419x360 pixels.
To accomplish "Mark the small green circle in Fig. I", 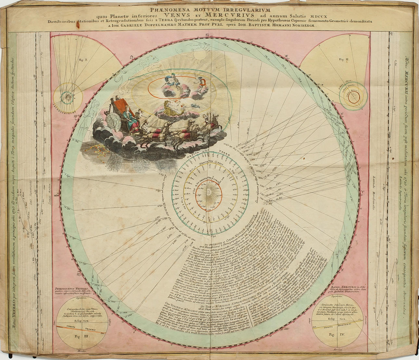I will click(68, 96).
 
